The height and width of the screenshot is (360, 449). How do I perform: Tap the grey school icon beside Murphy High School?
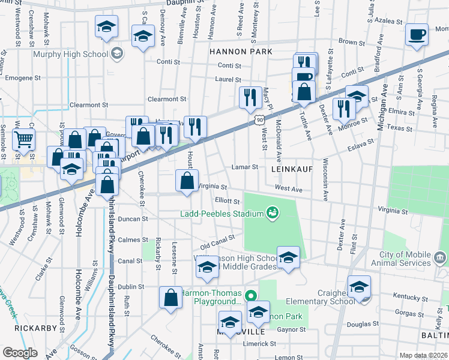pyautogui.click(x=118, y=54)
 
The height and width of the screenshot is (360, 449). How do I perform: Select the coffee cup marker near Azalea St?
pyautogui.click(x=417, y=34)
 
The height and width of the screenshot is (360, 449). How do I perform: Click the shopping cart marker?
pyautogui.click(x=23, y=140)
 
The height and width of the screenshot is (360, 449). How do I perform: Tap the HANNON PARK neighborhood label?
pyautogui.click(x=240, y=52)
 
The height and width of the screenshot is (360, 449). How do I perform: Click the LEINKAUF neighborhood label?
pyautogui.click(x=292, y=170)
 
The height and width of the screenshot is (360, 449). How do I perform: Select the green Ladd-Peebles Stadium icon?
pyautogui.click(x=273, y=213)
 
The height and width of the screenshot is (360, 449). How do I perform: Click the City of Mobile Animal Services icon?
pyautogui.click(x=440, y=258)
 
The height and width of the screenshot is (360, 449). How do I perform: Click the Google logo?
pyautogui.click(x=20, y=353)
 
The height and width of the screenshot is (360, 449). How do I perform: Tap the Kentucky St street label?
pyautogui.click(x=408, y=296)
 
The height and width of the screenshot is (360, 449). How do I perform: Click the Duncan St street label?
pyautogui.click(x=133, y=220)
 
